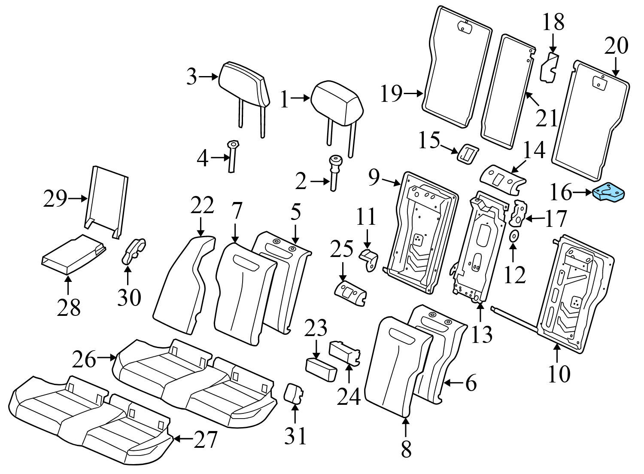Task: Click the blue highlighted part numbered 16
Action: tap(609, 193)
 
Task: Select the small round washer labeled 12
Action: tap(513, 235)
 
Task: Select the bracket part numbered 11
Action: tap(370, 260)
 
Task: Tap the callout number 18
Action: tap(553, 22)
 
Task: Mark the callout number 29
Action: tap(55, 199)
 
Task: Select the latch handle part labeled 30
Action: tap(134, 251)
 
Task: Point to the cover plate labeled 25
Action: tap(350, 293)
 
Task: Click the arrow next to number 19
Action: tap(414, 93)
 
